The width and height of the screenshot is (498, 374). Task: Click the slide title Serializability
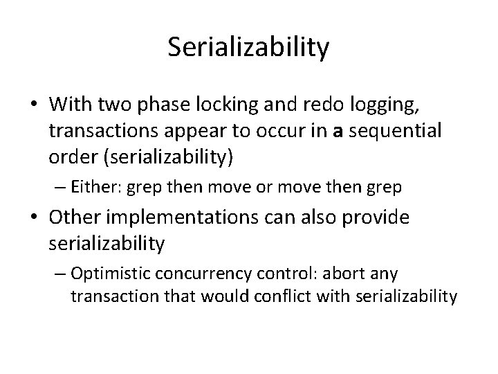tap(249, 48)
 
